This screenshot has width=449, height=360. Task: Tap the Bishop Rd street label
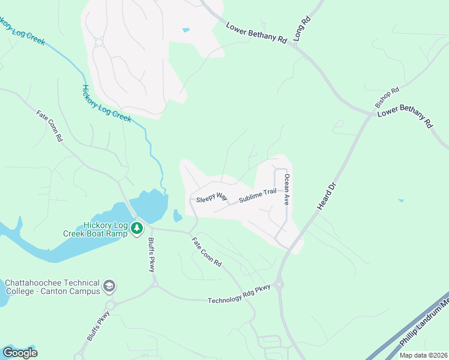point(387,98)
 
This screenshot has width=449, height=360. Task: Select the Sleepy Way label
point(212,197)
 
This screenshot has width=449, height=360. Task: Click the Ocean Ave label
point(287,189)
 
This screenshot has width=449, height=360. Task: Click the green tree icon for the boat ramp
point(137,228)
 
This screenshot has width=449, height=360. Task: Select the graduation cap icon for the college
point(109,286)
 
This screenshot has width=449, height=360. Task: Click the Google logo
point(20,353)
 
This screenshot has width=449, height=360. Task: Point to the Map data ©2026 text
point(423,355)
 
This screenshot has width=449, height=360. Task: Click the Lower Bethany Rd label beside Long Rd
point(257,33)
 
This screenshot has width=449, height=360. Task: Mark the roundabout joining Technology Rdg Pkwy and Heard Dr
point(279,284)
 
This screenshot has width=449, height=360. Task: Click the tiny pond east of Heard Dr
point(400,200)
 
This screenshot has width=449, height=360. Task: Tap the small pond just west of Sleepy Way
point(177,215)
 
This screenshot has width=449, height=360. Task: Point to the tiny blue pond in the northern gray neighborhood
point(186,30)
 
